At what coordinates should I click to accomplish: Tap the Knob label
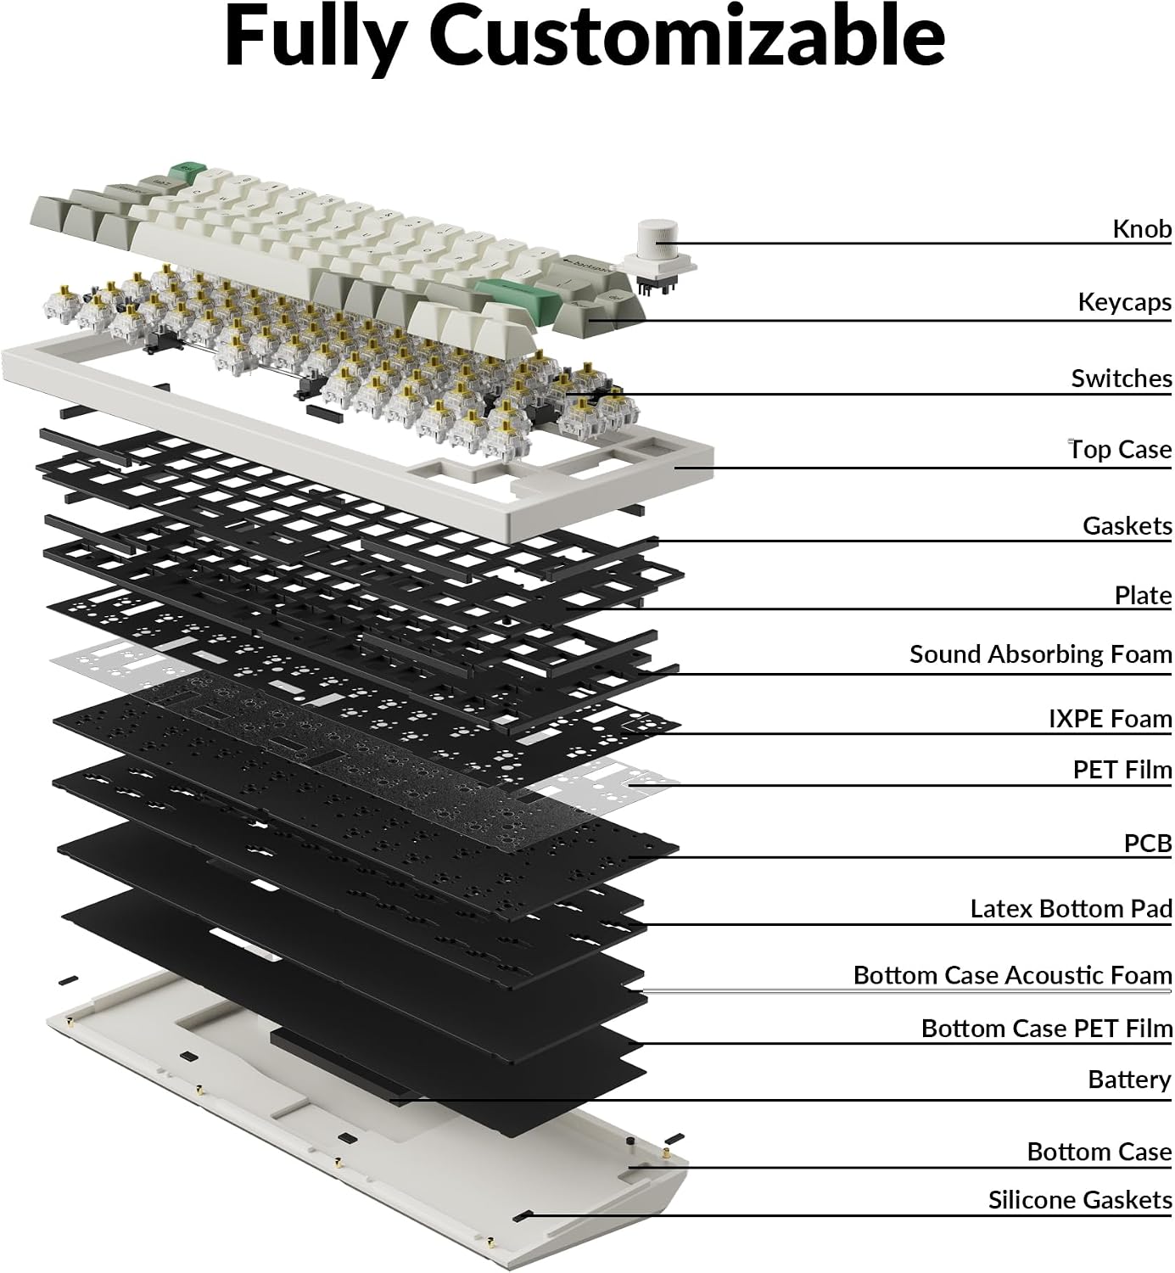[x=1142, y=228]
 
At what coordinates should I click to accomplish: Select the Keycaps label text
[x=1124, y=302]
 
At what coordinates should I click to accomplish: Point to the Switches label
[x=1122, y=379]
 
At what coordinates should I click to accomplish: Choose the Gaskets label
[x=1127, y=525]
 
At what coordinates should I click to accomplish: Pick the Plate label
[x=1143, y=596]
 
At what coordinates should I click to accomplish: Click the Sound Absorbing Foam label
[x=1040, y=654]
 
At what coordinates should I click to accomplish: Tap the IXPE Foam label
[x=1111, y=719]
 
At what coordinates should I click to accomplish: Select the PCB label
[x=1148, y=844]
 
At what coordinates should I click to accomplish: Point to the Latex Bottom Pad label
[x=1071, y=908]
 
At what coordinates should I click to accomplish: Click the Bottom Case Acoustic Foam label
[x=1013, y=975]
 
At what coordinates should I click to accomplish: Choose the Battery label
[x=1129, y=1080]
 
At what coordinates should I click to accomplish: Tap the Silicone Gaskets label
[x=1080, y=1199]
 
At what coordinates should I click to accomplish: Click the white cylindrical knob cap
[x=657, y=239]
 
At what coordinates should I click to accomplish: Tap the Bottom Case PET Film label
[x=1047, y=1029]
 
